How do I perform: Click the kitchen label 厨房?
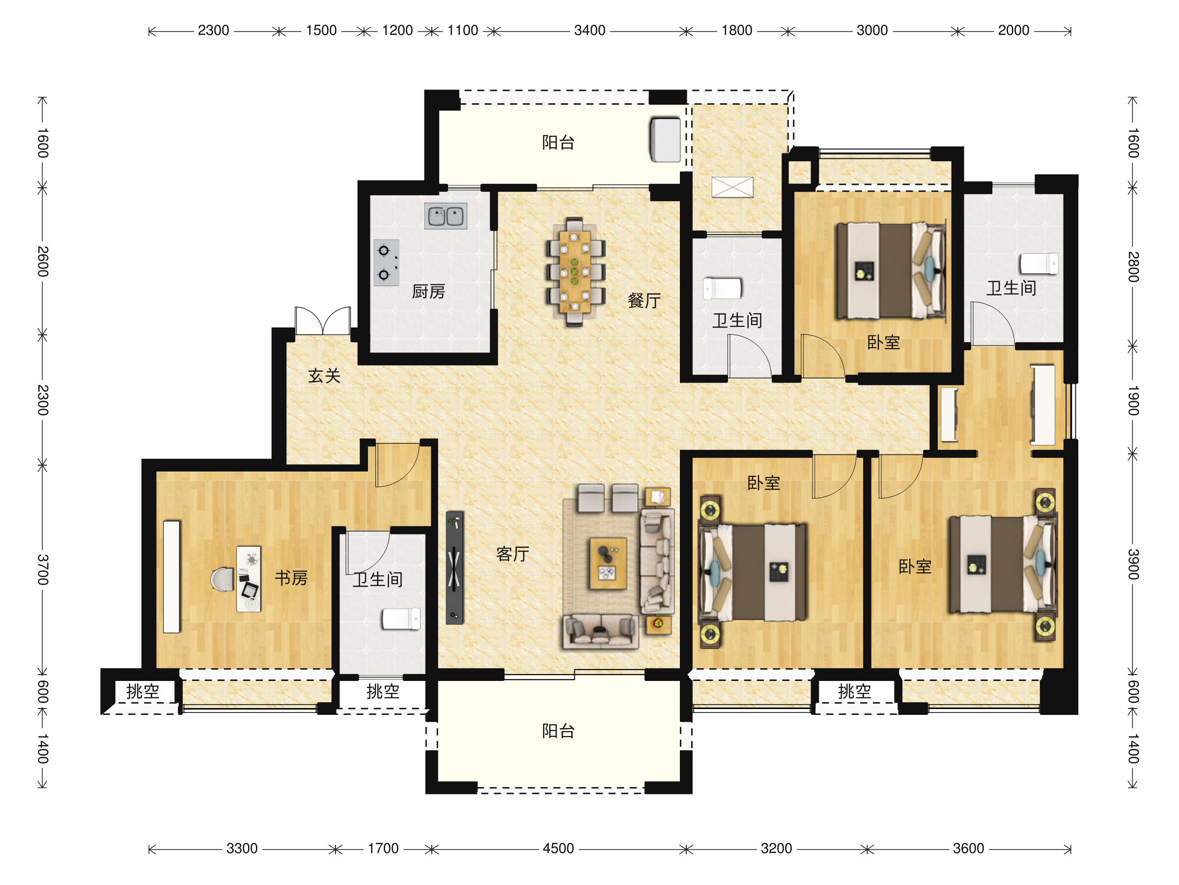(428, 291)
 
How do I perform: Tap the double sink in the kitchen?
(446, 216)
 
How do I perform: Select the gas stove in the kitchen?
(387, 263)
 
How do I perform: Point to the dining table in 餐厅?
(575, 271)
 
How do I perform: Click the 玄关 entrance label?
(324, 376)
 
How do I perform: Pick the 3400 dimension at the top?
(589, 30)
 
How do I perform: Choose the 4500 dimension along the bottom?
(558, 848)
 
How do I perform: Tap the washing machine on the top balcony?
(665, 140)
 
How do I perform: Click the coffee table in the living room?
(608, 563)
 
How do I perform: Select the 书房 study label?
(291, 578)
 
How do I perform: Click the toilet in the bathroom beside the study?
(401, 619)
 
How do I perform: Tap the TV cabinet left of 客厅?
(454, 567)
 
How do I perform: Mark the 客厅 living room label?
(512, 554)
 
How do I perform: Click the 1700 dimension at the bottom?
(383, 848)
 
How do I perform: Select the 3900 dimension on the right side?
(1133, 564)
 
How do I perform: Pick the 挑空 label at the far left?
(143, 691)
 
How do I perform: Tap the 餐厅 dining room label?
(644, 300)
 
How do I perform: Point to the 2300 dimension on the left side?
(43, 400)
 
